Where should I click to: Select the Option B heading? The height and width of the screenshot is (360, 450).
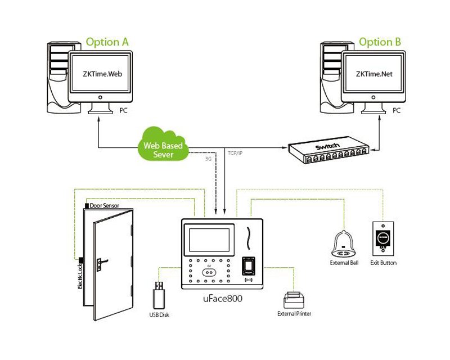coord(380,42)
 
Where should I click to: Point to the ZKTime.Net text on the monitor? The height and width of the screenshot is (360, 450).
coord(372,74)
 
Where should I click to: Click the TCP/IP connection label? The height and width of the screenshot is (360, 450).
coord(236,152)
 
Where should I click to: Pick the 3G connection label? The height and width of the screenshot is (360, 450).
coord(208,159)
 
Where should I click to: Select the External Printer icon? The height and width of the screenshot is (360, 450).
coord(294,300)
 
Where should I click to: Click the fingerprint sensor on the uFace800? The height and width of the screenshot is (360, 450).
coord(248,265)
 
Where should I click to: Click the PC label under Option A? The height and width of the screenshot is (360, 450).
coord(124,111)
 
